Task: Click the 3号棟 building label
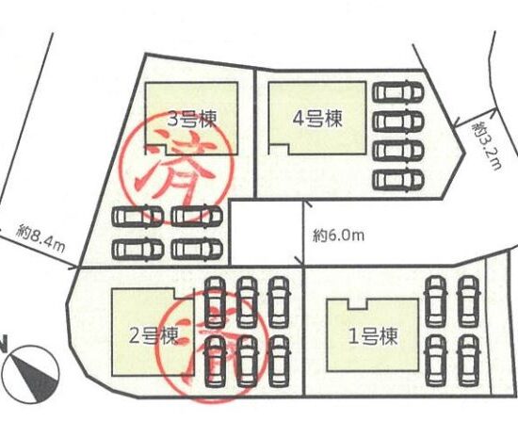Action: tap(192, 119)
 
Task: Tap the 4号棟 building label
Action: tap(317, 119)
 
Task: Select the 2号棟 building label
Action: tap(153, 335)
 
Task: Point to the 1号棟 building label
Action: tap(373, 337)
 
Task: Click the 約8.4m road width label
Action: tap(40, 238)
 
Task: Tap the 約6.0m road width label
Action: tap(338, 235)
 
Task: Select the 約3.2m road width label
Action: tap(486, 146)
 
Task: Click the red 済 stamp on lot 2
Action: tap(211, 346)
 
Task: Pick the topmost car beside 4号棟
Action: tap(398, 91)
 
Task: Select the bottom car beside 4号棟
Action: tap(398, 180)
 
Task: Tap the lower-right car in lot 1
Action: tap(469, 361)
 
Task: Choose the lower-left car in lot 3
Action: tap(138, 250)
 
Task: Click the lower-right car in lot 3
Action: tap(197, 249)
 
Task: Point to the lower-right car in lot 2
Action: tap(279, 361)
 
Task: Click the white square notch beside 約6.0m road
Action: tap(267, 233)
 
